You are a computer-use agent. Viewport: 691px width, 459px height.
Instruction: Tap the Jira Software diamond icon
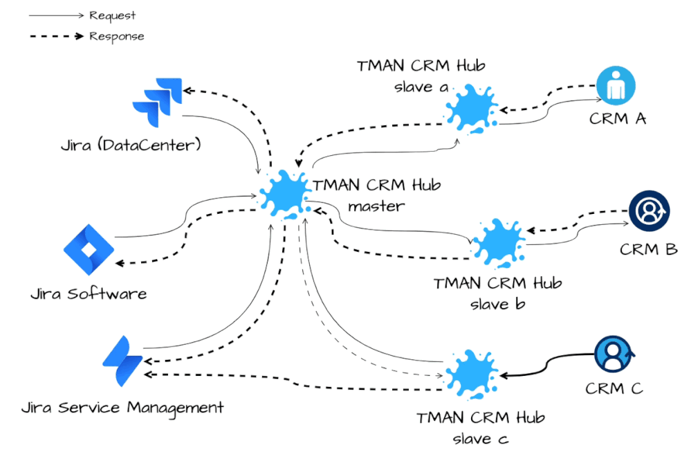point(89,250)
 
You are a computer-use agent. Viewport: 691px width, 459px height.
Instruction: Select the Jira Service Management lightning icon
point(122,361)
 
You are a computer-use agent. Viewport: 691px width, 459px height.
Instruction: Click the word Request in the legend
point(113,15)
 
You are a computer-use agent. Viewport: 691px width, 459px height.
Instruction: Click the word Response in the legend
point(117,36)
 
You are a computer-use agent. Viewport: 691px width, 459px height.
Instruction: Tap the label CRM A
point(618,118)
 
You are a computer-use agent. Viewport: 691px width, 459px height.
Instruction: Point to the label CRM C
point(614,388)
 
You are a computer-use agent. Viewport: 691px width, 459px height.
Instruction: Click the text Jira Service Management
point(122,407)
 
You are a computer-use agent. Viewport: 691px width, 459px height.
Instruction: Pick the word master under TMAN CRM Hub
point(376,206)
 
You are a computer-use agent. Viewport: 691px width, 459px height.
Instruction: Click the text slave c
point(480,438)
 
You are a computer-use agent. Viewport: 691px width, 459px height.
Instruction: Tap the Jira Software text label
point(89,294)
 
